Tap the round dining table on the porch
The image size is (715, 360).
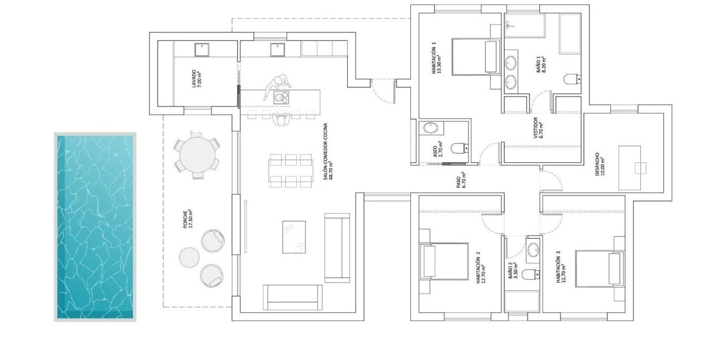point(197,155)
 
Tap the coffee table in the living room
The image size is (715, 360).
point(294,236)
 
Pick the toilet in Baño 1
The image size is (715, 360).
point(571,80)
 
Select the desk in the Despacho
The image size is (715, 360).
point(630,167)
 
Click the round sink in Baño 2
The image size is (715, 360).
point(533,249)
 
